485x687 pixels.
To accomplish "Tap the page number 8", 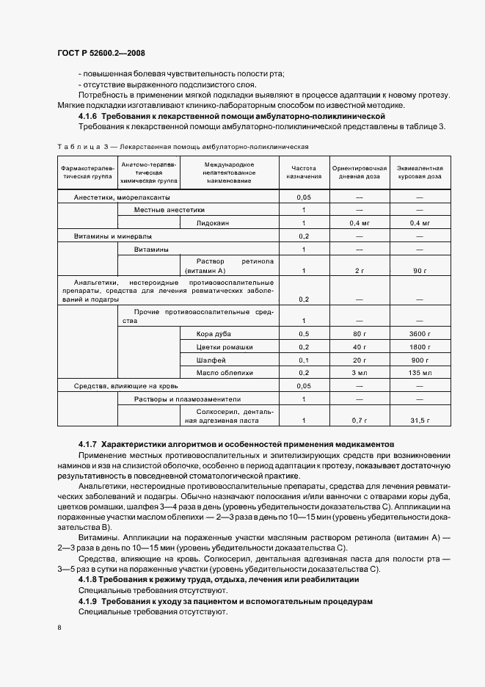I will click(x=59, y=627).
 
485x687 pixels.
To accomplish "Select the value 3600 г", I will click(x=419, y=334).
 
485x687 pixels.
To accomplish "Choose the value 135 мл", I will click(x=419, y=373).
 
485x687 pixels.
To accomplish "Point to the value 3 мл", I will click(x=359, y=373).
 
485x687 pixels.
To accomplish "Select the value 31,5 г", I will click(x=419, y=420).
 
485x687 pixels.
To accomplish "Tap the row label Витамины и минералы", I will click(x=113, y=236).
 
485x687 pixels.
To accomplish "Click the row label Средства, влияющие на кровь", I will click(x=121, y=385).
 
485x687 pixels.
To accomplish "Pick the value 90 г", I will click(x=419, y=271).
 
